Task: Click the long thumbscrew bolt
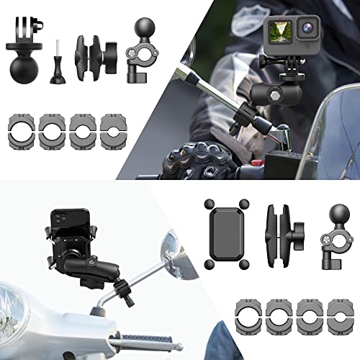[56, 54]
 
